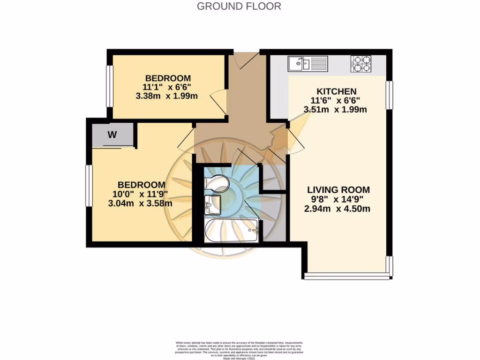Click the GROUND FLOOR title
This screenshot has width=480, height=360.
coord(239,6)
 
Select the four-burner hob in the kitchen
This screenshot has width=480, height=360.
coord(361,63)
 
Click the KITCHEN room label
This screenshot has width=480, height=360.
coord(337,91)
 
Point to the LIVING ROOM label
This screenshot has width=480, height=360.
coord(338,190)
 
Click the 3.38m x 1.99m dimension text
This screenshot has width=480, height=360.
coord(166,96)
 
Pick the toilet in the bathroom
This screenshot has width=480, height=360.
coord(216,182)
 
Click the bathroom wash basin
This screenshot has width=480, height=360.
coord(212,203)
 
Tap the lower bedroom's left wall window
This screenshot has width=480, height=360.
coord(88,185)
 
